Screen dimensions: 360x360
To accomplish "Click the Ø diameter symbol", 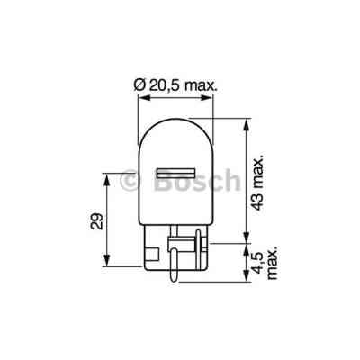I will [x=138, y=86].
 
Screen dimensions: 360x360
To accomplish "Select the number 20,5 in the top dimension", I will [x=163, y=86].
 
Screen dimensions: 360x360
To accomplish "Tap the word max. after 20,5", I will [x=203, y=86].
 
